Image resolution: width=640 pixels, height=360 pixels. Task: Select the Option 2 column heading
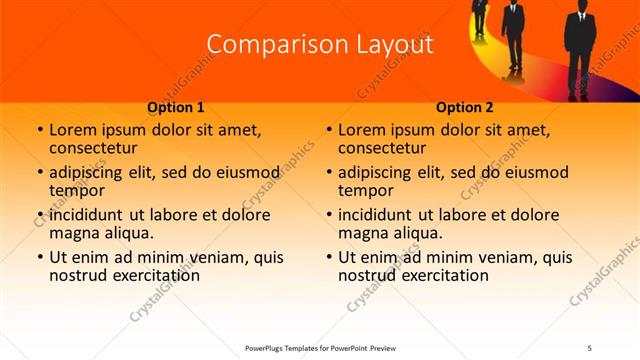pyautogui.click(x=465, y=107)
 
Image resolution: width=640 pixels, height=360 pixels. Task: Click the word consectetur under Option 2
pyautogui.click(x=384, y=149)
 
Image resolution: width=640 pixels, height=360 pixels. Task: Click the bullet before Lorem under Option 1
pyautogui.click(x=39, y=131)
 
